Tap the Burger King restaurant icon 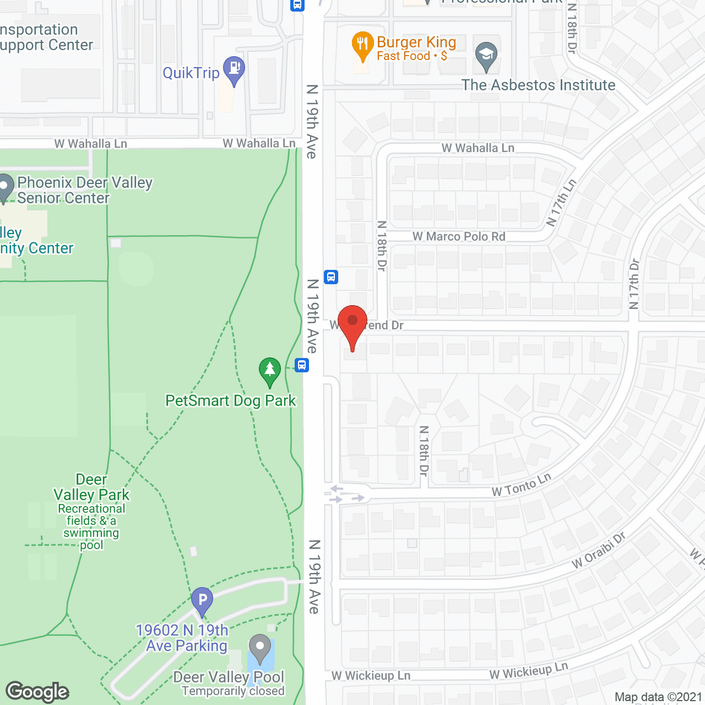click(362, 45)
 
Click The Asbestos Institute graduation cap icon click(486, 56)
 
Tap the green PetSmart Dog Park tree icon click(270, 371)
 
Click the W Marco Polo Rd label click(459, 236)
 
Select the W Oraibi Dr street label click(599, 550)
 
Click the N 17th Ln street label click(561, 203)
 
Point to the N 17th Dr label click(634, 284)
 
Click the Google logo click(37, 692)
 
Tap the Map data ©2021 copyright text click(658, 697)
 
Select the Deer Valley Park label click(91, 487)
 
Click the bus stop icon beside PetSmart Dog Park click(302, 365)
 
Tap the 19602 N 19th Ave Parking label click(182, 638)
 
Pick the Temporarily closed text click(233, 691)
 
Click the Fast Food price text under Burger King click(411, 56)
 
